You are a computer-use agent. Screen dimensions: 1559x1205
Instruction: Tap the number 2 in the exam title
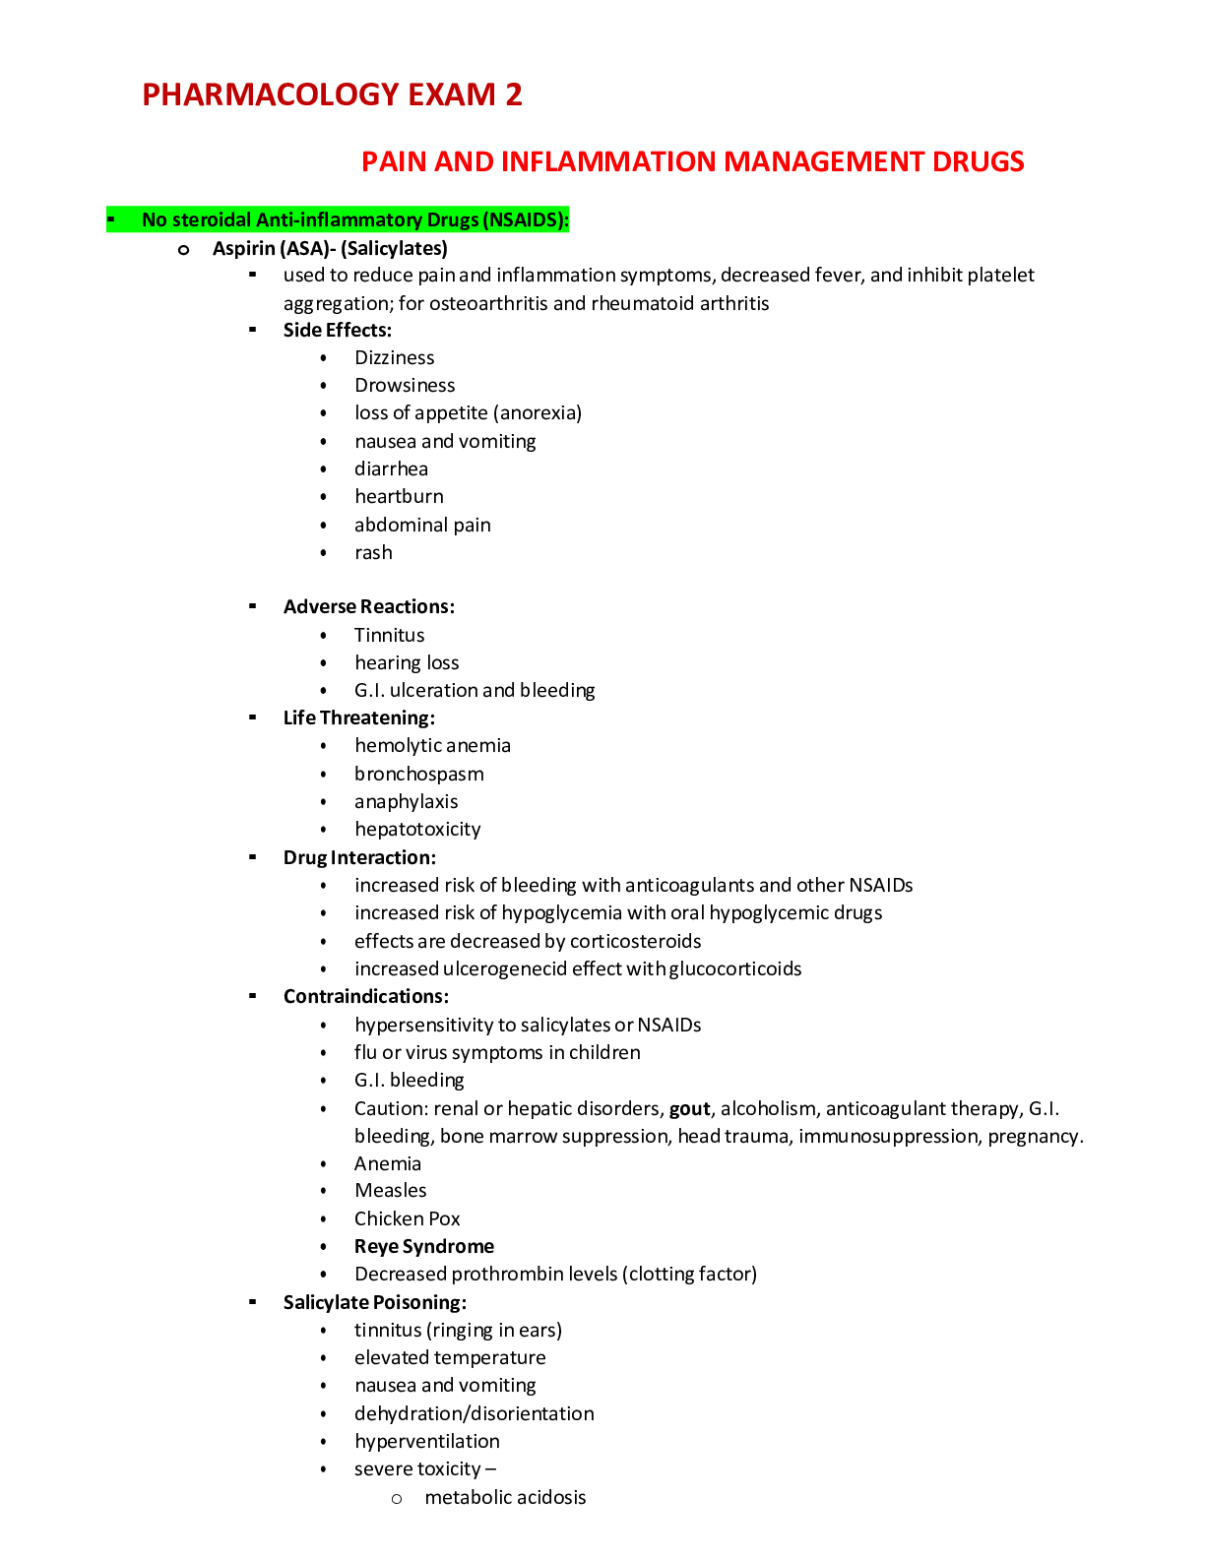tap(513, 94)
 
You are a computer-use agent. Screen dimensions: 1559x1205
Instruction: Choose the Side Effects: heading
tap(337, 331)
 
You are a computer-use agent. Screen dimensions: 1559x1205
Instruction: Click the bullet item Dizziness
tap(394, 358)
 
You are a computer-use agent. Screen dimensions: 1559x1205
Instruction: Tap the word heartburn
tap(399, 497)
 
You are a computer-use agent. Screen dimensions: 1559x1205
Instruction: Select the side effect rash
tap(373, 553)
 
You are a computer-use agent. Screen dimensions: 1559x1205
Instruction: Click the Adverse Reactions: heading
tap(368, 607)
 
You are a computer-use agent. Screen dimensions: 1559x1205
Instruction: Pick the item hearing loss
tap(407, 663)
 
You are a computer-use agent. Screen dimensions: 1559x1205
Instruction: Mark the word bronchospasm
tap(418, 775)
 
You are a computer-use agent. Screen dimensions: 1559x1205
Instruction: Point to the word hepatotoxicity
tap(417, 830)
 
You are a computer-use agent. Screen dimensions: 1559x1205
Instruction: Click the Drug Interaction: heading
tap(359, 858)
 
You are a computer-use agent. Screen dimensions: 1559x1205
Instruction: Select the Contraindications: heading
tap(365, 997)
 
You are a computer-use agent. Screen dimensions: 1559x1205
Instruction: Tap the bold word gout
tap(689, 1109)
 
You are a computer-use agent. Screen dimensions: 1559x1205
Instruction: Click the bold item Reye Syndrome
tap(424, 1247)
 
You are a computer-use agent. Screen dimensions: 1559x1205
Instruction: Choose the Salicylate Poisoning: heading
tap(374, 1303)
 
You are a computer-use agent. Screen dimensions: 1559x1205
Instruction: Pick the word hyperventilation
tap(426, 1442)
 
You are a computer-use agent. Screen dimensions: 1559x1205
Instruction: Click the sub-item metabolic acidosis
tap(505, 1498)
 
